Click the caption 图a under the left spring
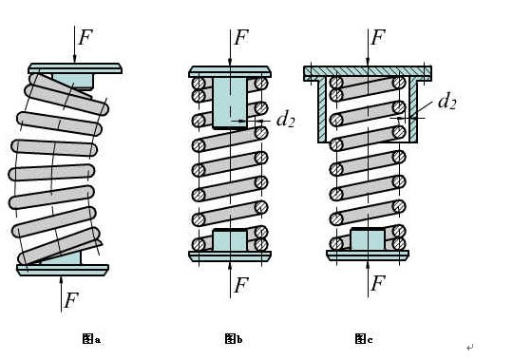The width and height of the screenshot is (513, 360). point(91,339)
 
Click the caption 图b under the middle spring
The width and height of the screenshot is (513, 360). point(234,339)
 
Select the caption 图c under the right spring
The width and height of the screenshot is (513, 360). point(364,339)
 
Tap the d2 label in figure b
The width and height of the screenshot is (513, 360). point(285,119)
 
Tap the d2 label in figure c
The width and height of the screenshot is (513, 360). point(446,101)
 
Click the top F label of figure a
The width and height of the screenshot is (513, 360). point(85,37)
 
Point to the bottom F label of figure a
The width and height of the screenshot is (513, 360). point(71,300)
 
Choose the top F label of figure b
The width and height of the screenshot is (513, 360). point(241,37)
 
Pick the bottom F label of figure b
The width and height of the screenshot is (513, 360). point(241,285)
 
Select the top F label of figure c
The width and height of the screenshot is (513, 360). point(378,37)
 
